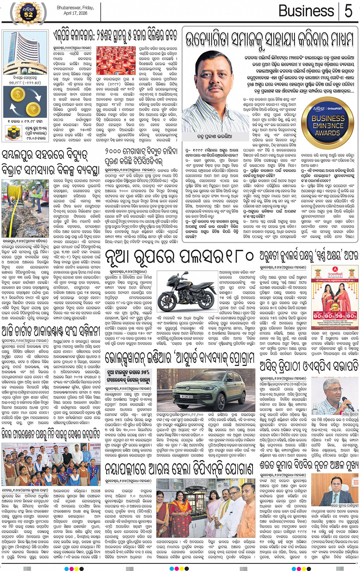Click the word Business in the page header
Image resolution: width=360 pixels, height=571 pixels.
pos(306,11)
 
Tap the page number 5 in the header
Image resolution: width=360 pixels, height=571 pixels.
pos(348,11)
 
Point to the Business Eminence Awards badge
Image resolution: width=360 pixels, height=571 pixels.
pos(328,119)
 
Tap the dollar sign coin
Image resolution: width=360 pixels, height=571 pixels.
pos(18,94)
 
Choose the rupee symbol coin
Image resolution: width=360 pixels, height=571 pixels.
pos(33,110)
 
